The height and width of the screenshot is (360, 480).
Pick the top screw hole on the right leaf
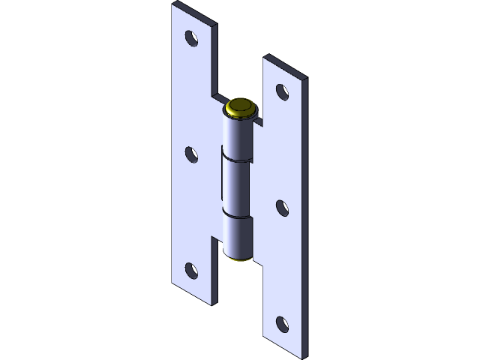point(282,91)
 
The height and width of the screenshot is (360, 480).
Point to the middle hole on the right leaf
point(282,208)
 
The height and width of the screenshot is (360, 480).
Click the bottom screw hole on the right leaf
point(282,324)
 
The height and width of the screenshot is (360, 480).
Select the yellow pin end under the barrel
point(241,259)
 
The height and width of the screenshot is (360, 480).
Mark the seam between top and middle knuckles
point(238,160)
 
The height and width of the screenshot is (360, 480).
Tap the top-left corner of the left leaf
point(173,4)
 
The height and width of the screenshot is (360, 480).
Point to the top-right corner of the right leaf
point(307,78)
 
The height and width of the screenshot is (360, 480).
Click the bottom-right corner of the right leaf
point(304,355)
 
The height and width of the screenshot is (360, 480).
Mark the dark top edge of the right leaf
point(286,66)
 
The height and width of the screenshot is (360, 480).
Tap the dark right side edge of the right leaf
point(305,217)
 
